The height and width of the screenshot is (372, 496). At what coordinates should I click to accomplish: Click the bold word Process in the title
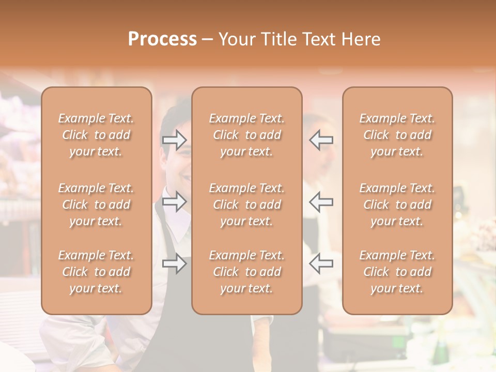(x=162, y=39)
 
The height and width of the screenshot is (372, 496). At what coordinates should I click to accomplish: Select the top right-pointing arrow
(x=174, y=140)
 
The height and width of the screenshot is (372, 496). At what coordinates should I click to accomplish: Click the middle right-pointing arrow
(x=174, y=202)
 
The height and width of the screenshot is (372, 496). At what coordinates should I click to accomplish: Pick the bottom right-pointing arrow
(x=174, y=263)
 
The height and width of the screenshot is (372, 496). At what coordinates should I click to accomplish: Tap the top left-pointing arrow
(x=321, y=140)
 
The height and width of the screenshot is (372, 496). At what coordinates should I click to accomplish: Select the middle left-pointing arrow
(x=321, y=202)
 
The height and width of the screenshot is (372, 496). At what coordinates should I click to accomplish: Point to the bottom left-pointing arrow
(x=321, y=263)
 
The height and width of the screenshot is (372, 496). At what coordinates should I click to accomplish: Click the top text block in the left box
(x=96, y=135)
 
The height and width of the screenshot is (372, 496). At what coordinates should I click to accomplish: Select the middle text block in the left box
(x=96, y=205)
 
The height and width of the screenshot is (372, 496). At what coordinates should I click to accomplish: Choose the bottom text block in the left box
(x=96, y=272)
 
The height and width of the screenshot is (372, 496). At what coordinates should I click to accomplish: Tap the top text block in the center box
(x=246, y=135)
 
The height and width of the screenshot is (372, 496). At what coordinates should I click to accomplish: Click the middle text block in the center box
(x=246, y=205)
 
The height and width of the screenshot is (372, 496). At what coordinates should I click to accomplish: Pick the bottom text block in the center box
(x=246, y=272)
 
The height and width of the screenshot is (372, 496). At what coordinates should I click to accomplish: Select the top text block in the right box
(x=397, y=135)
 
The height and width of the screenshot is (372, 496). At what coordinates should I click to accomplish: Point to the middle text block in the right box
(x=397, y=205)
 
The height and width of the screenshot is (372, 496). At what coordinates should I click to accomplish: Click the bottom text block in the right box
(x=397, y=272)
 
